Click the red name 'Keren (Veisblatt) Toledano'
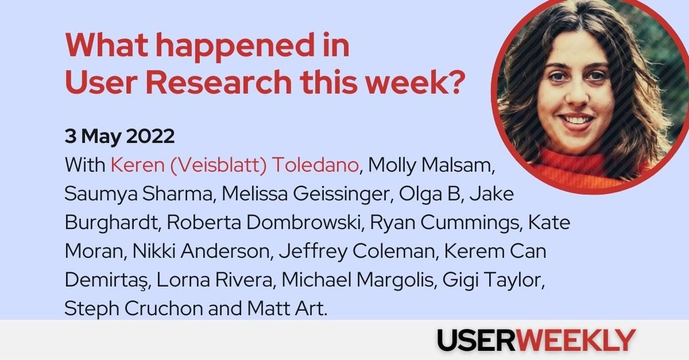235,165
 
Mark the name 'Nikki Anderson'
212,251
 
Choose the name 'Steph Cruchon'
134,309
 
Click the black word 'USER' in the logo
478,340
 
